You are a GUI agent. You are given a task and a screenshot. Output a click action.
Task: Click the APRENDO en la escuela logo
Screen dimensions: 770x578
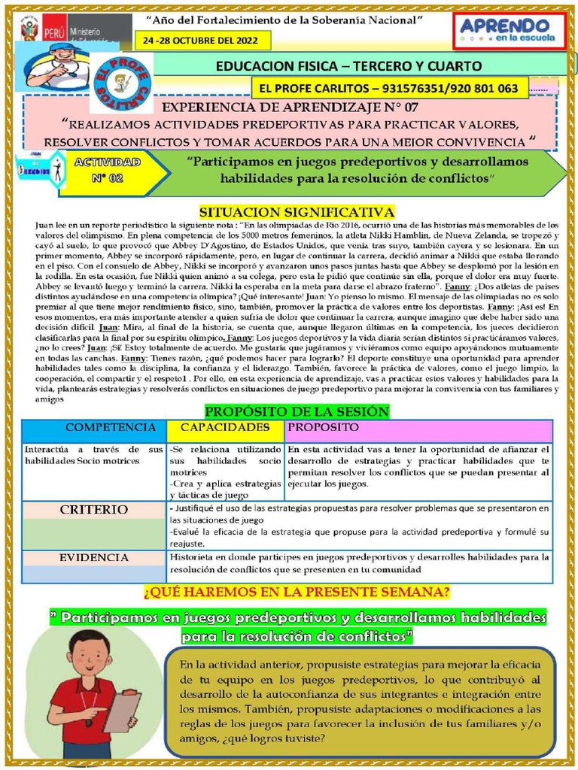coord(507,31)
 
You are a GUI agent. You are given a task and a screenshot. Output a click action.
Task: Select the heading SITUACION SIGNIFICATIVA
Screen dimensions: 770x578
coord(296,212)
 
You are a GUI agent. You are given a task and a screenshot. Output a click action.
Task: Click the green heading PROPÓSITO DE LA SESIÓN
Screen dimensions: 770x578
coord(297,411)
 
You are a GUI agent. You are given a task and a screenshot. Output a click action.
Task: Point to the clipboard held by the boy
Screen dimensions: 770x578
coord(121,711)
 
